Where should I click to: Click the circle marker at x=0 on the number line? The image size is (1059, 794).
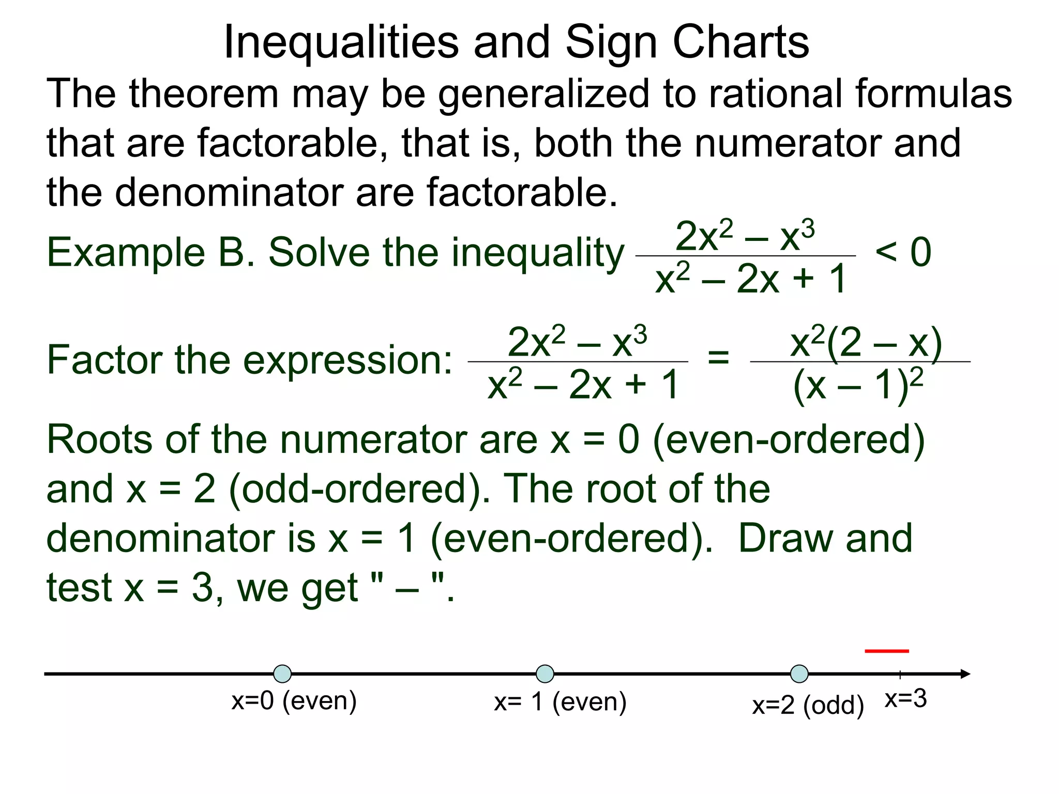pyautogui.click(x=282, y=674)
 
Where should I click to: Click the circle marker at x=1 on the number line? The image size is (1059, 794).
pyautogui.click(x=545, y=674)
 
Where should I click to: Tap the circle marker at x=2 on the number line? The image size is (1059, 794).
pyautogui.click(x=799, y=674)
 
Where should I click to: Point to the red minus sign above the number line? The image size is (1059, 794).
pyautogui.click(x=887, y=651)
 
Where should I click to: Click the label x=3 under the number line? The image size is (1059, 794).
pyautogui.click(x=906, y=699)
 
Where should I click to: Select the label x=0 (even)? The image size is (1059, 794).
pyautogui.click(x=294, y=701)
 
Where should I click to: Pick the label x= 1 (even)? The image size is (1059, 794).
pyautogui.click(x=560, y=703)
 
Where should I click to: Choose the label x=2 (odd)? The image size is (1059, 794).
pyautogui.click(x=808, y=706)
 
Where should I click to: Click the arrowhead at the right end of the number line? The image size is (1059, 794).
pyautogui.click(x=965, y=674)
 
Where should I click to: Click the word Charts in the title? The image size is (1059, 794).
pyautogui.click(x=740, y=42)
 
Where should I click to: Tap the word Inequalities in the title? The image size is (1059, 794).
pyautogui.click(x=341, y=42)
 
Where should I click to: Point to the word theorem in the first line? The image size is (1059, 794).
pyautogui.click(x=204, y=94)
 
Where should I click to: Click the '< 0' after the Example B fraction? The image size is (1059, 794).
pyautogui.click(x=903, y=252)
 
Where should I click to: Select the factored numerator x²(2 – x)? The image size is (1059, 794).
pyautogui.click(x=866, y=343)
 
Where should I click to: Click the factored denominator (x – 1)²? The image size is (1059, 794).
pyautogui.click(x=858, y=385)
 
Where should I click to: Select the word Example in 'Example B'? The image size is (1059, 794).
pyautogui.click(x=126, y=253)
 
